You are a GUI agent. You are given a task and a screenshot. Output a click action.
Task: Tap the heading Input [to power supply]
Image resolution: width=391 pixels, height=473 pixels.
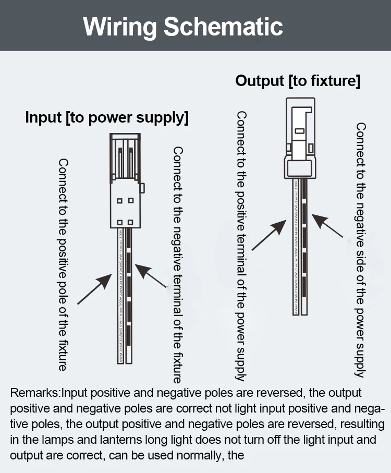coord(107,117)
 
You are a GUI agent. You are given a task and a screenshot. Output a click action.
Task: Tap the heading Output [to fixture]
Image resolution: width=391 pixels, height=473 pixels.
coord(298,81)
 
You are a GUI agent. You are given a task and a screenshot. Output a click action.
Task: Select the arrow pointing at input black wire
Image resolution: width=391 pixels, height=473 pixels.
coord(151,277)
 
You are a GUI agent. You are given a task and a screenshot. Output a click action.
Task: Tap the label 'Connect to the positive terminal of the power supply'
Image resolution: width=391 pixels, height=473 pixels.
coord(240,245)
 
